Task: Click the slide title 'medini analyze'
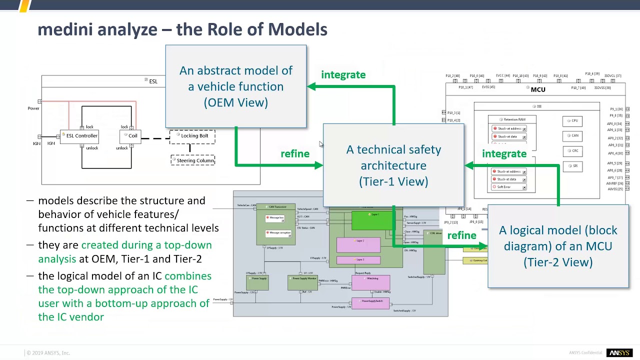point(97,29)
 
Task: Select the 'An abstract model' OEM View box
point(235,86)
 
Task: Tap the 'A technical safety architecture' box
point(393,165)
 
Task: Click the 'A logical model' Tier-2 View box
point(557,246)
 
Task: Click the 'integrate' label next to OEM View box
point(343,75)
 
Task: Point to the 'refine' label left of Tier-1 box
point(295,154)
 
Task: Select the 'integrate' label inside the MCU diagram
point(504,154)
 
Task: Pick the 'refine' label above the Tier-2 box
point(461,235)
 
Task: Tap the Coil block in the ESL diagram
point(132,136)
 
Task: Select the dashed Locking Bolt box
point(194,136)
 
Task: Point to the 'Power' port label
point(33,108)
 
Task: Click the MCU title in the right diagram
point(537,90)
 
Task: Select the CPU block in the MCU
point(572,121)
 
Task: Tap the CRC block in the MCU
point(572,151)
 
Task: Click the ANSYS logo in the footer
point(619,353)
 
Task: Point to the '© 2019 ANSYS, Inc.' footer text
point(48,353)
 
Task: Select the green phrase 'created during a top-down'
point(146,245)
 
